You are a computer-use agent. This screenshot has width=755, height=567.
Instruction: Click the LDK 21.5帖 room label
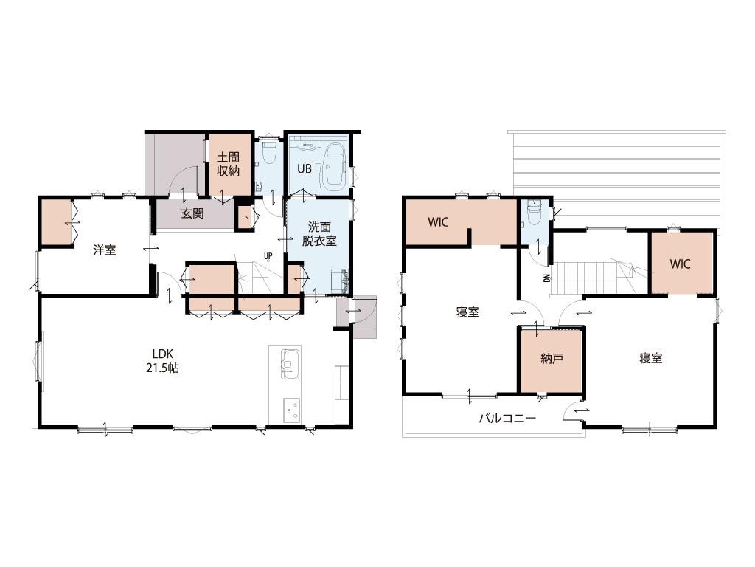tap(163, 360)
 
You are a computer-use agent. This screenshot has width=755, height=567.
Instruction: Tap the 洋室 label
tap(105, 250)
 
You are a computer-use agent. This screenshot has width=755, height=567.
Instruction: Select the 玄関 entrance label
tap(192, 213)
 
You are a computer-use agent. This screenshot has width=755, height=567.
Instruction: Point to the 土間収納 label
tap(229, 164)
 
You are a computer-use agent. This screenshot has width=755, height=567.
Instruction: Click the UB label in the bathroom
tap(304, 169)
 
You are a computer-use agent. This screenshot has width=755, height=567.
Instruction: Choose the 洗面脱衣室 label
tap(319, 234)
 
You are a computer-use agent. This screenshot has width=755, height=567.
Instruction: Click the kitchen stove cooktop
tap(291, 410)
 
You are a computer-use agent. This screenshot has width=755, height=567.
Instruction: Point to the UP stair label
tap(268, 256)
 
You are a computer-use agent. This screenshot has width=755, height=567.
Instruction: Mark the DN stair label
tap(546, 278)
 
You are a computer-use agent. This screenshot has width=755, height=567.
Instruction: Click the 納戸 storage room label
tap(552, 358)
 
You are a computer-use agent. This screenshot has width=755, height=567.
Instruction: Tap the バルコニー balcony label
tap(507, 418)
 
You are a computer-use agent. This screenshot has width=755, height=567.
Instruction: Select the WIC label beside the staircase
tap(680, 264)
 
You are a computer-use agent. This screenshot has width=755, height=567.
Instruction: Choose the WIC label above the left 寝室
tap(438, 222)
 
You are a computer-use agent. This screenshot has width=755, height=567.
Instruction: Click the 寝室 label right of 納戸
tap(650, 358)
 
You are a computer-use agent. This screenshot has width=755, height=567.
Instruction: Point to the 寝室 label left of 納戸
tap(467, 312)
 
